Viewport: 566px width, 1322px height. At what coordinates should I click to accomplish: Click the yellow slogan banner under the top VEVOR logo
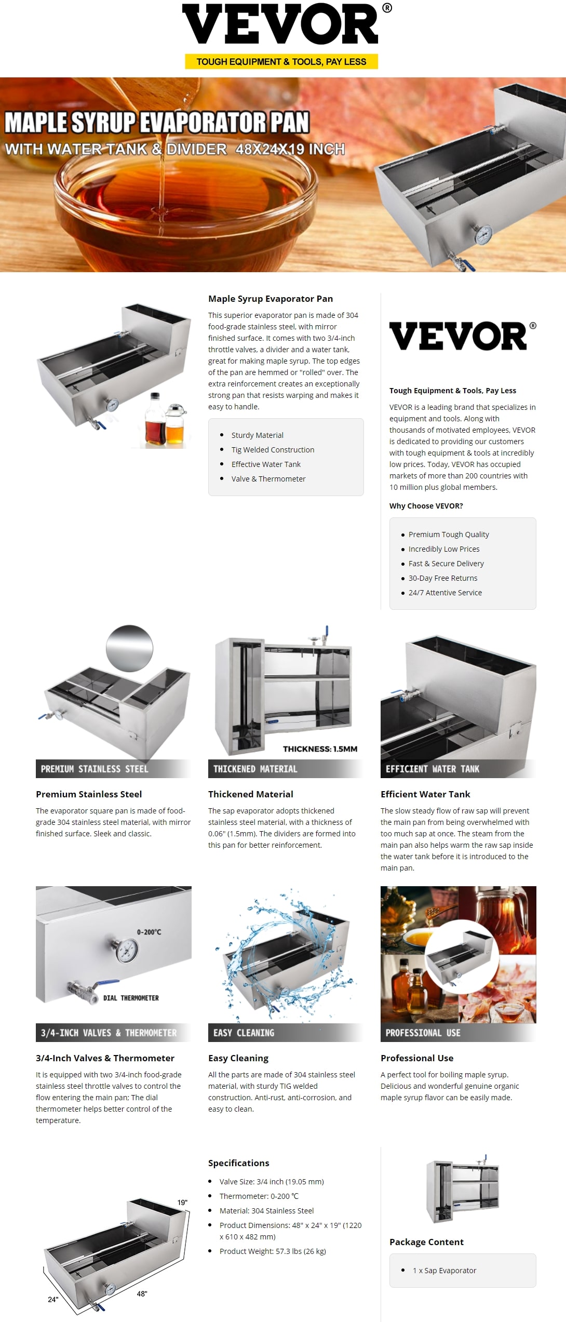[x=281, y=62]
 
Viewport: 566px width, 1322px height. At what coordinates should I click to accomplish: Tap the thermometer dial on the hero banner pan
[x=483, y=235]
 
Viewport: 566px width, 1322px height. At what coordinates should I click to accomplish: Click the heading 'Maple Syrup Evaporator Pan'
[x=271, y=299]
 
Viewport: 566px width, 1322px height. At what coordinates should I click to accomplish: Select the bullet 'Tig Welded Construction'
[x=273, y=450]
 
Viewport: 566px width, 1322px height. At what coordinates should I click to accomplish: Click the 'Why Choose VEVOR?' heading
[x=426, y=506]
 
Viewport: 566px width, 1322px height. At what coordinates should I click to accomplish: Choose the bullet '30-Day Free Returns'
[x=443, y=578]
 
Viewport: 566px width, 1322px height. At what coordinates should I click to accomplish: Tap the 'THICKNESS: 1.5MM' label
[x=320, y=749]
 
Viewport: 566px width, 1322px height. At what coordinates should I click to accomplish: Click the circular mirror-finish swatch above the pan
[x=129, y=648]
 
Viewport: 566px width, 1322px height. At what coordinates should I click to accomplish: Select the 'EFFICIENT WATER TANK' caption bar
[x=458, y=769]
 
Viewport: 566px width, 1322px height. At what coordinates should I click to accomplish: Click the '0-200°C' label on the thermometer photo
[x=149, y=932]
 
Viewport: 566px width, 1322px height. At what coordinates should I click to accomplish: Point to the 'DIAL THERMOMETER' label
[x=131, y=998]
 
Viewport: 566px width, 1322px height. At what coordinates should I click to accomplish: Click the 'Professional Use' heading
[x=417, y=1058]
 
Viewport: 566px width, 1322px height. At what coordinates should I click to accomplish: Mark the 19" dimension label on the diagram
[x=182, y=1203]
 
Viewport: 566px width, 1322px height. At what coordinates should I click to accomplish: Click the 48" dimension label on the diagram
[x=142, y=1293]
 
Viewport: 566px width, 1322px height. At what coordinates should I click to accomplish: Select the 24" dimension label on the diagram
[x=53, y=1299]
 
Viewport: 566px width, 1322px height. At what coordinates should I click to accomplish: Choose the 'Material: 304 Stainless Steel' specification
[x=266, y=1210]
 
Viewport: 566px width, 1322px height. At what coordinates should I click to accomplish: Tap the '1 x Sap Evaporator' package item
[x=444, y=1270]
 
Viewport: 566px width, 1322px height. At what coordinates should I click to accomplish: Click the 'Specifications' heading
[x=239, y=1163]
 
